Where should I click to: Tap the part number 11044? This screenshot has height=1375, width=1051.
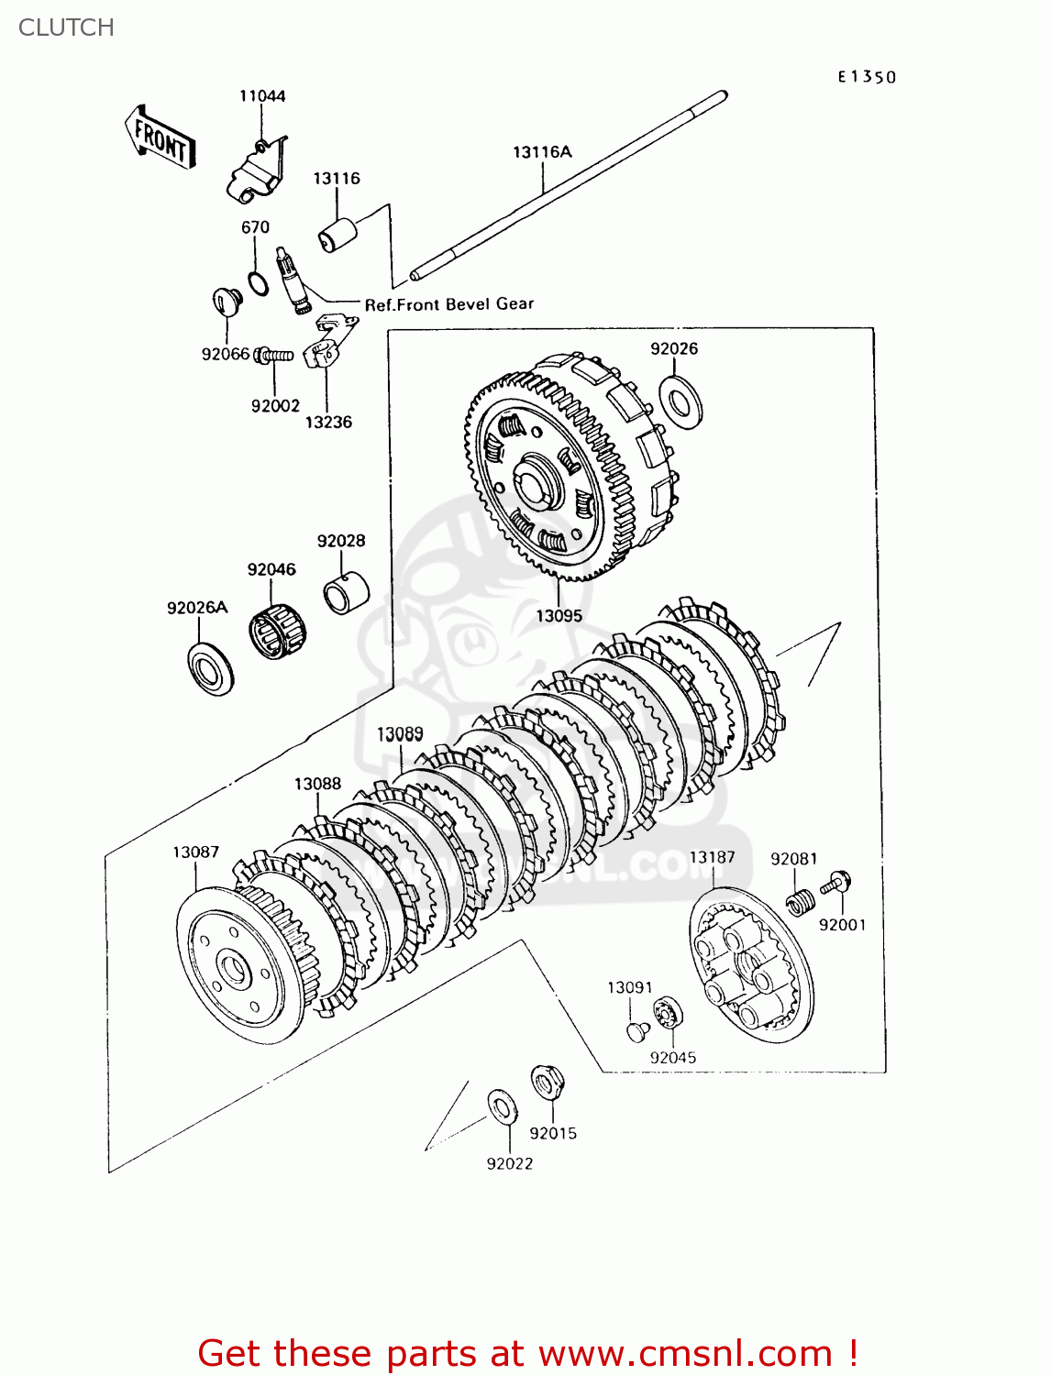(262, 96)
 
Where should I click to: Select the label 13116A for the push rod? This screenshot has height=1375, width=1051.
(542, 152)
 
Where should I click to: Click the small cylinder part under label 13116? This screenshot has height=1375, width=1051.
(337, 235)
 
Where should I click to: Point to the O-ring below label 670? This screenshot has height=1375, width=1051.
(259, 284)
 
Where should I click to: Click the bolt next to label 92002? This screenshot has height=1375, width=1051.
(274, 355)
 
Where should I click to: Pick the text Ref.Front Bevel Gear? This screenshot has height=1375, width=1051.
(448, 304)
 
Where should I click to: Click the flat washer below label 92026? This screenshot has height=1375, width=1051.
(680, 400)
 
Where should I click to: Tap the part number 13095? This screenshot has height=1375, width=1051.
(559, 616)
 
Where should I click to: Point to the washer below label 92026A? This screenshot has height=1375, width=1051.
(210, 668)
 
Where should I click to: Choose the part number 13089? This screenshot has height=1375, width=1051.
(400, 734)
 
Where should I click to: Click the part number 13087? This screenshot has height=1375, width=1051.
(195, 852)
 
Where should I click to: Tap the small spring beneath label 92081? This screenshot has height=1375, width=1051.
(800, 901)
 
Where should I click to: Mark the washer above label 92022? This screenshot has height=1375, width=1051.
(502, 1106)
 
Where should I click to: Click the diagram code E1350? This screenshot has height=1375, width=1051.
(866, 77)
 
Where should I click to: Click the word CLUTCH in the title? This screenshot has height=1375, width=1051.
(66, 27)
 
